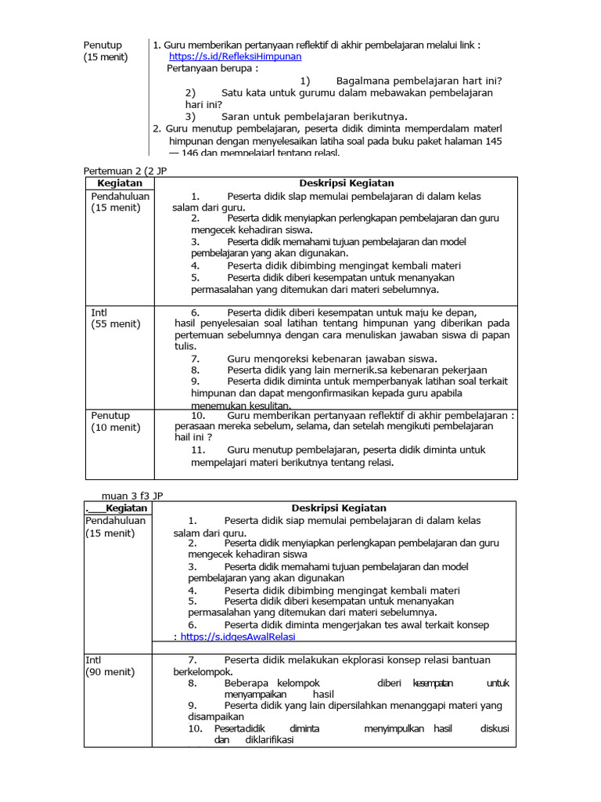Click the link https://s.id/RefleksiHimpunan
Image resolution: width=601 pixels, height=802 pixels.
[x=235, y=57]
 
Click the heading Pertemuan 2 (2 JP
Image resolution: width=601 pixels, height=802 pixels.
[x=125, y=170]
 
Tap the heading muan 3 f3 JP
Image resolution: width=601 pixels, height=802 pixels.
[x=132, y=495]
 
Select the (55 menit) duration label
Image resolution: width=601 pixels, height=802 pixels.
[x=116, y=323]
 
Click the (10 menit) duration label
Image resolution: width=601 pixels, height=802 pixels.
[x=116, y=428]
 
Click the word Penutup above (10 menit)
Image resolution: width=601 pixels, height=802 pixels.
[x=110, y=415]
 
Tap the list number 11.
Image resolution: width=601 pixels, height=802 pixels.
[x=198, y=450]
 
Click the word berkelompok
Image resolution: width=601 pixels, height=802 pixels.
[x=203, y=672]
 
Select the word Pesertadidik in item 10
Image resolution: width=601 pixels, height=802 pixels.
[x=240, y=728]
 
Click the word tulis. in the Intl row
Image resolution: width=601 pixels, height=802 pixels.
[x=185, y=346]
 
